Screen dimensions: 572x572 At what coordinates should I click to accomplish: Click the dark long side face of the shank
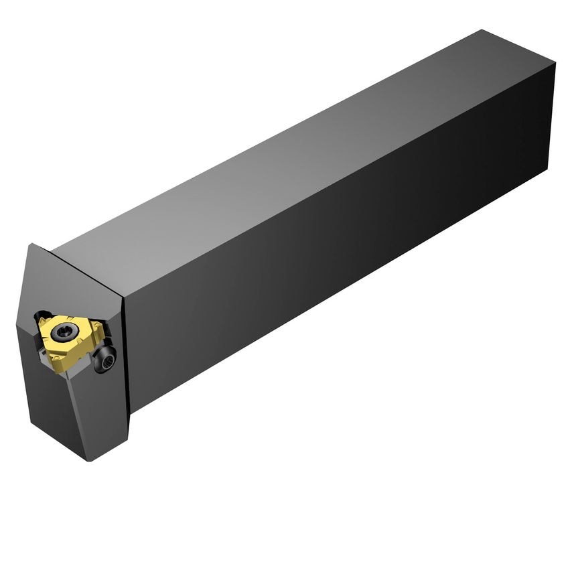[335, 268]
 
